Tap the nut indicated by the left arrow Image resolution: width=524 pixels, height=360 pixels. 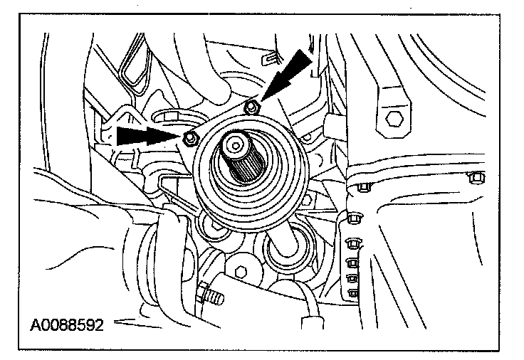[189, 138]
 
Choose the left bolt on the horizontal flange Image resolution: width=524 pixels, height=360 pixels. [364, 187]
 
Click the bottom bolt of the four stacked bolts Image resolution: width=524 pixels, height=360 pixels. [351, 292]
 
